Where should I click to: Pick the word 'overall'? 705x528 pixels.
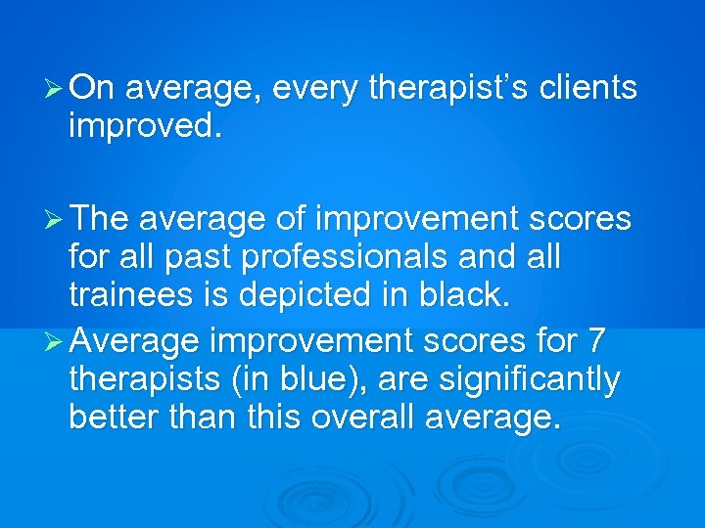tap(365, 417)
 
